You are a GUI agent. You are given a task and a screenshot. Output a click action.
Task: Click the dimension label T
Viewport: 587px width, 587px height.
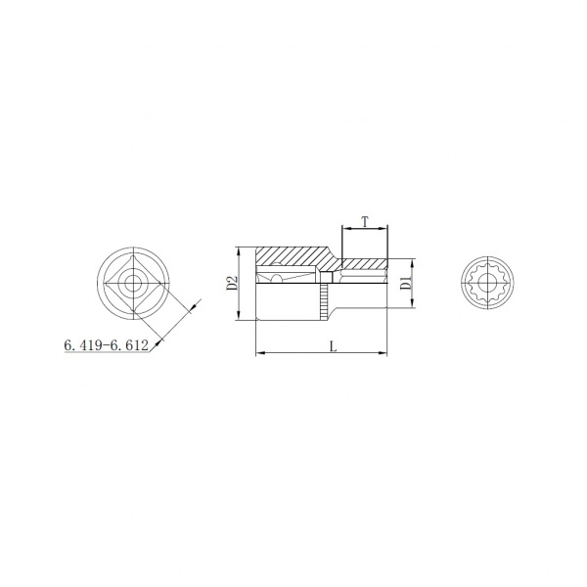click(365, 222)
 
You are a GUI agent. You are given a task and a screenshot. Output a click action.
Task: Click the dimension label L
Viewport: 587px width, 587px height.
click(334, 346)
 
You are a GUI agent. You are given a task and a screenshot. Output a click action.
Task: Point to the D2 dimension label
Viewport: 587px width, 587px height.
click(232, 284)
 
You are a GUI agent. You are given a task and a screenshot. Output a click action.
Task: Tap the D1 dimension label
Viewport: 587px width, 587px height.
click(405, 283)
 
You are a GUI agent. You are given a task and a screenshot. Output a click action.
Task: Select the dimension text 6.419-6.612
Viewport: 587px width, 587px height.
click(107, 345)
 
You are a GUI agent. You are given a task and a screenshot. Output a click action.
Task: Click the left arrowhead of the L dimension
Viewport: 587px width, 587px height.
click(260, 352)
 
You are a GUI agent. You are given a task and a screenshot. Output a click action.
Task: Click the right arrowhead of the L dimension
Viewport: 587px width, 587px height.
click(383, 352)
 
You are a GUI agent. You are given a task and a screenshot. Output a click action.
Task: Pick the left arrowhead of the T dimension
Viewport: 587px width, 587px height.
click(347, 228)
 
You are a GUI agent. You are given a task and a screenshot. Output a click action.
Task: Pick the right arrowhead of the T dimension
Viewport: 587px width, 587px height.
click(383, 228)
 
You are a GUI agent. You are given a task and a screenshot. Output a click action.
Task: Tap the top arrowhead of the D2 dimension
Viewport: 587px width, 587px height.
click(238, 252)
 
